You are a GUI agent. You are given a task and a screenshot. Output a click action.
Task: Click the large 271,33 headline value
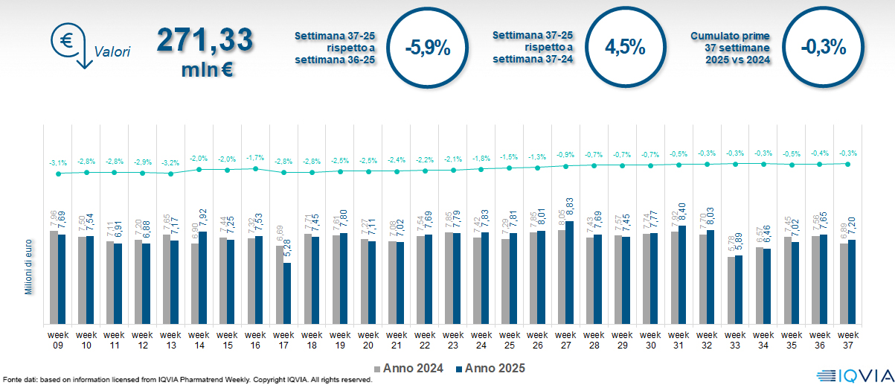[205, 42]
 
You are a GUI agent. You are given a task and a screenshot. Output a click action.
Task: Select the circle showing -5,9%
[428, 48]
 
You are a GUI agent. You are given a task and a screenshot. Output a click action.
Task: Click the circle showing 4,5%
[625, 47]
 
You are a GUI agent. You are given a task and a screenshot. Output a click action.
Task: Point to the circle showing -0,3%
[824, 47]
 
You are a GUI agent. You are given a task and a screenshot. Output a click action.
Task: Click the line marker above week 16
[255, 169]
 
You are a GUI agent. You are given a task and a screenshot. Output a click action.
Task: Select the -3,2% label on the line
[170, 162]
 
